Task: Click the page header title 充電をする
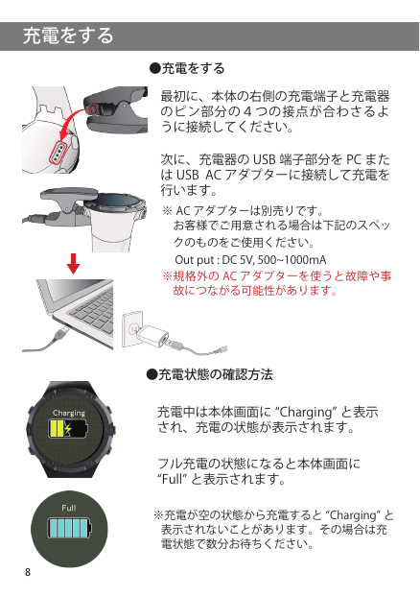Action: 68,36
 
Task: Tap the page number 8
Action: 28,572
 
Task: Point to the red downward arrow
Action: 73,263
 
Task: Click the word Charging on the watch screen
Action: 69,413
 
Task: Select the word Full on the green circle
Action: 69,508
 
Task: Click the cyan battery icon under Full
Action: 70,528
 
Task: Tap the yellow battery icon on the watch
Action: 68,428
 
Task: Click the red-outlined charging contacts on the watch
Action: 58,152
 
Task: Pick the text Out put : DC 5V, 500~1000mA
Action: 250,260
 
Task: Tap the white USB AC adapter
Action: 152,335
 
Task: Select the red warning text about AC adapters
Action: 276,283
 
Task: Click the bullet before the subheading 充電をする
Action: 154,68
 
